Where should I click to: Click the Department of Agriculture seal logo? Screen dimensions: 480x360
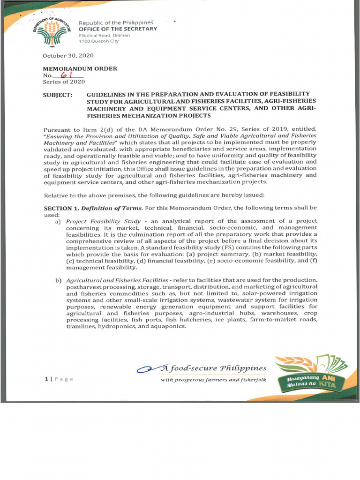point(52,30)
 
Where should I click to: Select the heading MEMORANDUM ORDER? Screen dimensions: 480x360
point(80,68)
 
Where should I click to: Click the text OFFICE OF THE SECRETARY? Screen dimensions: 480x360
point(118,29)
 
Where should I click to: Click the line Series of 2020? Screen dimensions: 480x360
point(64,82)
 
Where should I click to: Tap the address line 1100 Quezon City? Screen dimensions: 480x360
point(98,41)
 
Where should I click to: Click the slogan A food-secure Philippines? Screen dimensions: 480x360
point(213,368)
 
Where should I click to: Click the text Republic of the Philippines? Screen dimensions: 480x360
point(116,23)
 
